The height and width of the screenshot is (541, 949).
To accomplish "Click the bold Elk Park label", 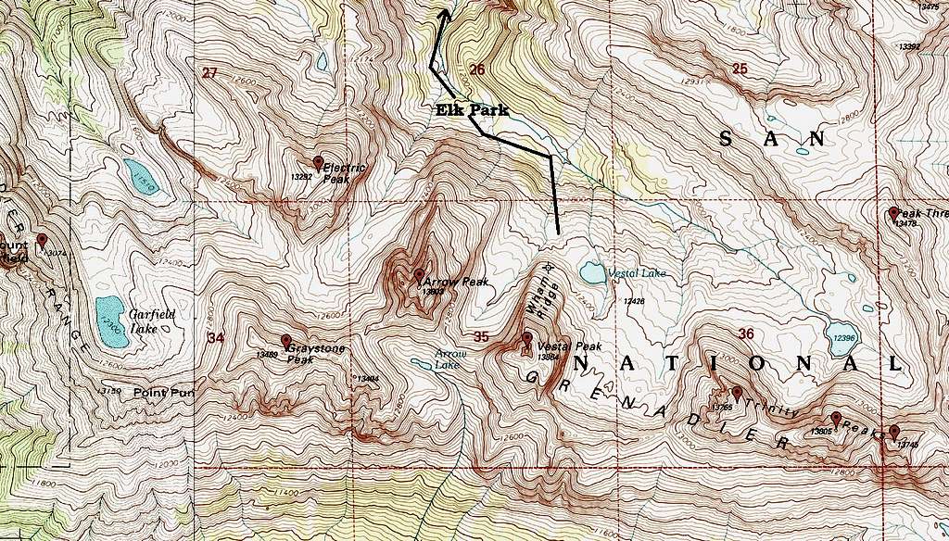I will pos(472,109).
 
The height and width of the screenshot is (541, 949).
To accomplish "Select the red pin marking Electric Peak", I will pos(319,163).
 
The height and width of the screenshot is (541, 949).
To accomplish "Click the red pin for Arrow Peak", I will pos(419,275).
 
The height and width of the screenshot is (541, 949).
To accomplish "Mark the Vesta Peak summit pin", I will pos(527,339).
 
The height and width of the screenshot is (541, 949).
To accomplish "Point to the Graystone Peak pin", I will pos(286,341).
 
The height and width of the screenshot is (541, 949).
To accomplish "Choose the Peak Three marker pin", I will pos(893,213).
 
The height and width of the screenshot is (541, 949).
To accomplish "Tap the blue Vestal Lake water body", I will pos(590,272).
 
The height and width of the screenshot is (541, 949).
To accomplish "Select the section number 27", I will pos(210,72).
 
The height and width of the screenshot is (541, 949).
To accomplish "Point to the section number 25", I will pos(740,69).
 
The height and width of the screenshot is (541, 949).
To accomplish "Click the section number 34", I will pos(216,337).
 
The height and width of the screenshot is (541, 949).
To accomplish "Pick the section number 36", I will pos(747,333).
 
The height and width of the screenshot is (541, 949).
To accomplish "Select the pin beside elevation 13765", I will pos(737,393).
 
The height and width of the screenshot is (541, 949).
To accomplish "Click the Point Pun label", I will pos(163,393).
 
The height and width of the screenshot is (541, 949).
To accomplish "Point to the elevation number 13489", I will pos(267,354).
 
